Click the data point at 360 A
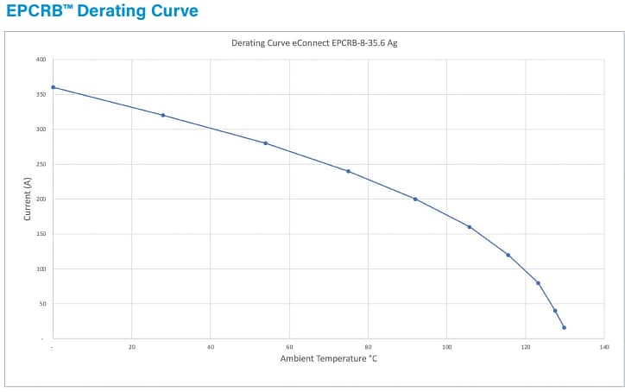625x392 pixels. [x=54, y=87]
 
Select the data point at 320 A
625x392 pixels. [x=163, y=115]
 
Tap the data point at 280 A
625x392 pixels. [x=266, y=143]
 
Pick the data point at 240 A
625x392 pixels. [x=348, y=171]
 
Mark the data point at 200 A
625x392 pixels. [x=415, y=199]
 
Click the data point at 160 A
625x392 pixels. [x=470, y=227]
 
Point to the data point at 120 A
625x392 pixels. [x=508, y=255]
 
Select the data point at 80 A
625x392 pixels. [x=538, y=282]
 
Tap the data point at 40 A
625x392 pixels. [x=555, y=311]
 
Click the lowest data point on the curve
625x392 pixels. [x=564, y=327]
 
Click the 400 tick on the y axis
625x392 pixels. [x=41, y=60]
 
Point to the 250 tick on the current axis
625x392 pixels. [x=41, y=164]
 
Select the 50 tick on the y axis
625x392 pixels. [x=42, y=304]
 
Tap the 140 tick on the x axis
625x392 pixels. [x=604, y=347]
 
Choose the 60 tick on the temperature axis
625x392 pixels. [x=289, y=347]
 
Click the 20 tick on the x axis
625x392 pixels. [x=132, y=347]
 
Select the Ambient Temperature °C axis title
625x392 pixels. [x=328, y=358]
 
